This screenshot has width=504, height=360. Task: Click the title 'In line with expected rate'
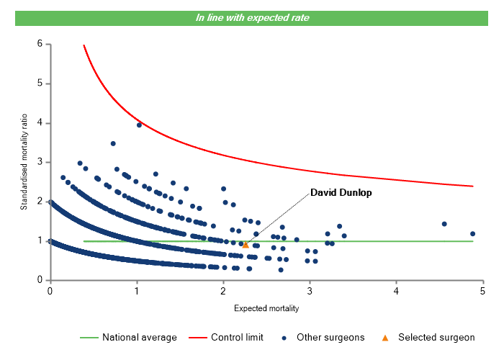252,18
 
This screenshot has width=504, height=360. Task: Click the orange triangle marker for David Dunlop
246,245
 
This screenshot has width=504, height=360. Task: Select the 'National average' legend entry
139,337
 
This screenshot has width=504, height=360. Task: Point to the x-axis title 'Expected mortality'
266,308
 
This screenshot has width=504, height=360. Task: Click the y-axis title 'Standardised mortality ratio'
24,161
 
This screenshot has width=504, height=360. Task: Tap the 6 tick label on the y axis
40,45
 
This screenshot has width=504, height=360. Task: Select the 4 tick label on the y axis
40,123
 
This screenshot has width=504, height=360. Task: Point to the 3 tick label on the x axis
310,290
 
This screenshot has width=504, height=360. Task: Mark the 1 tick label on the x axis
136,290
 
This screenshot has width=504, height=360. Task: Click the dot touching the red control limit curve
139,125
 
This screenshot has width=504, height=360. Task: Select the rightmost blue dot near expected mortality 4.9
472,234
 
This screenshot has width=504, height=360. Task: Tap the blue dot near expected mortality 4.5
444,224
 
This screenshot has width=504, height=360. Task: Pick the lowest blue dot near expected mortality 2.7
281,270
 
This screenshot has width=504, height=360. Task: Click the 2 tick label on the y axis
40,202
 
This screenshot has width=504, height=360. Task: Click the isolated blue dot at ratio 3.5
113,143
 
